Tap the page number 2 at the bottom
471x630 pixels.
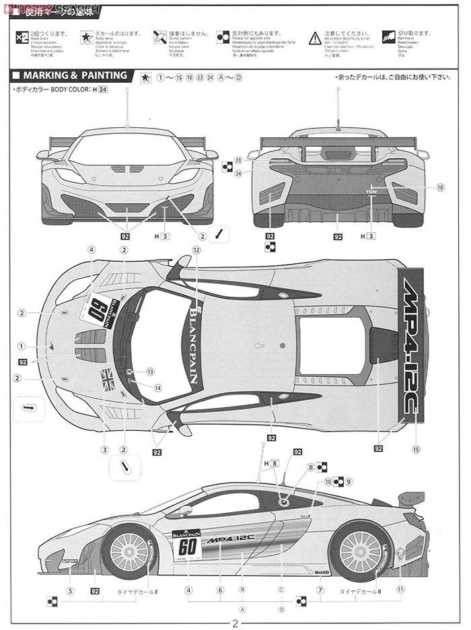coord(235,623)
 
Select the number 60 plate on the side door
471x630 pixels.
coord(187,546)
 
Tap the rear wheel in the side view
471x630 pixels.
coord(361,551)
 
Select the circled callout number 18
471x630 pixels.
coord(440,188)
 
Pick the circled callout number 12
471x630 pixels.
coord(196,250)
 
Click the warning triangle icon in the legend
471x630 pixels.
coord(315,38)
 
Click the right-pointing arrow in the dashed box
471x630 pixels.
coord(28,408)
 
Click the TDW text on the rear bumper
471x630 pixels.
coord(371,192)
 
